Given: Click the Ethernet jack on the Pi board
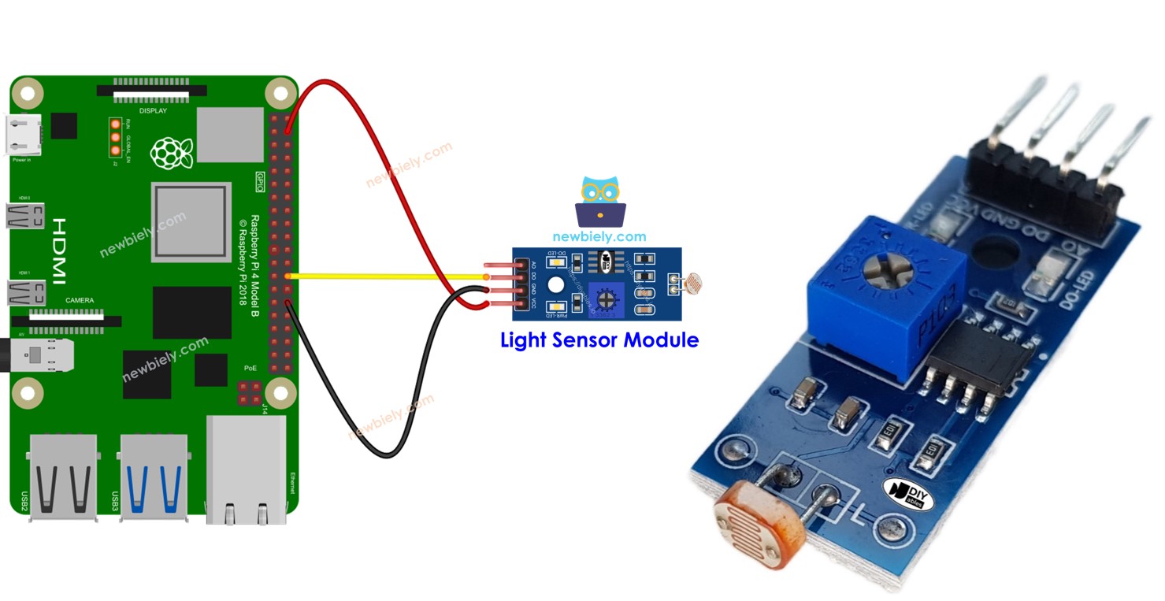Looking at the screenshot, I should (246, 470).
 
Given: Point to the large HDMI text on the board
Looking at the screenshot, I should (59, 251).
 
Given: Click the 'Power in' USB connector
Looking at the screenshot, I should (24, 135).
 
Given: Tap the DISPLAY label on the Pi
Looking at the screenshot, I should (153, 111).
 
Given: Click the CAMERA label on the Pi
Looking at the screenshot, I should (80, 300).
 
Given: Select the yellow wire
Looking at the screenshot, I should (386, 276).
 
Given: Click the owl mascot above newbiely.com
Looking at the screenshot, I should (600, 202).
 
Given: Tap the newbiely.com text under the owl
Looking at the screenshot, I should (599, 236).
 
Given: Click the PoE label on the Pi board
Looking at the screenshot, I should (249, 368).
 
